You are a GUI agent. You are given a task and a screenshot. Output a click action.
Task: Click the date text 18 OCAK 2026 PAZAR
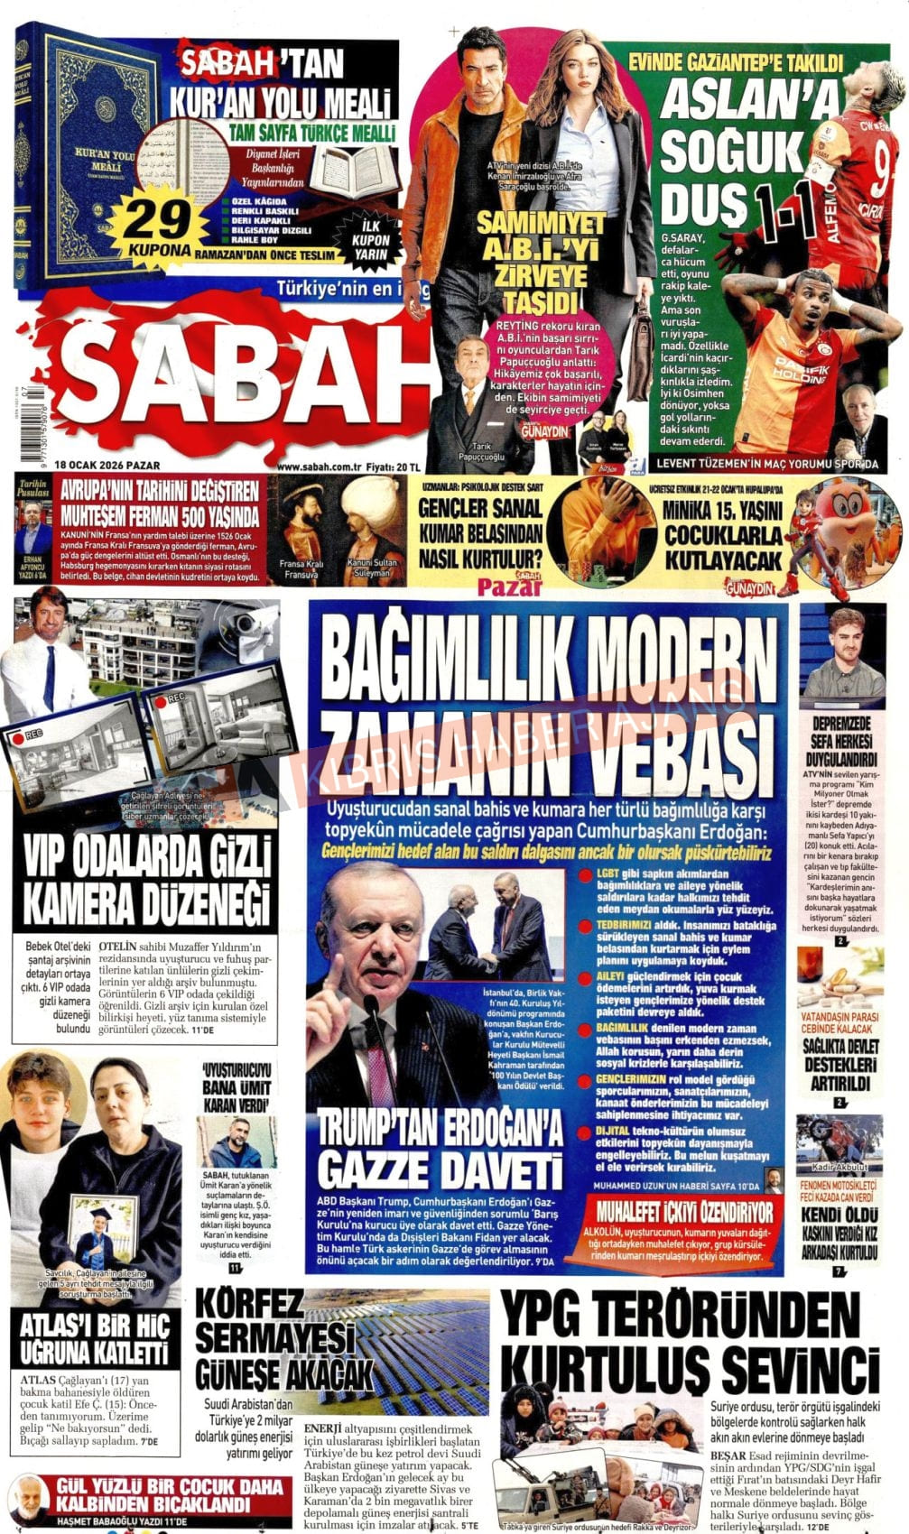pyautogui.click(x=107, y=466)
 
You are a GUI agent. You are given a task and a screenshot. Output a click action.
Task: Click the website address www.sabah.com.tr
pyautogui.click(x=320, y=467)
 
